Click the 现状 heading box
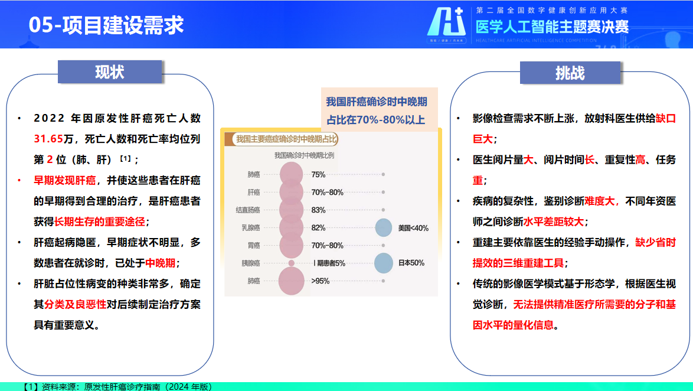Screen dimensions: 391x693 [110, 72]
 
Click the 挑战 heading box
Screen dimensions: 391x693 [570, 73]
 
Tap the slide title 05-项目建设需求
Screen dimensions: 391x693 [106, 25]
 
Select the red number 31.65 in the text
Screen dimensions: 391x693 [48, 139]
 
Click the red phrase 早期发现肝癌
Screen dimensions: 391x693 [65, 180]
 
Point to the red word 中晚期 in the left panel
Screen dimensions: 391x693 [161, 263]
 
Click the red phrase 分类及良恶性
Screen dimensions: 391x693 [75, 304]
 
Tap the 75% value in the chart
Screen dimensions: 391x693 [318, 175]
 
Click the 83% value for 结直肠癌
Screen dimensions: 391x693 [318, 210]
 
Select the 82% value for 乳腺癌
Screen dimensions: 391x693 [318, 228]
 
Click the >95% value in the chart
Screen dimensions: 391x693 [320, 281]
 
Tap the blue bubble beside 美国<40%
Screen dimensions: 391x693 [384, 228]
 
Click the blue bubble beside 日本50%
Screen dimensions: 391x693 [384, 263]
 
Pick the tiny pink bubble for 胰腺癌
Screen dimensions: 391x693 [291, 263]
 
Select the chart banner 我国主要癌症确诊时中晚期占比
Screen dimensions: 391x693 [286, 139]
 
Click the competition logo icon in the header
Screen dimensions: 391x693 [447, 25]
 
